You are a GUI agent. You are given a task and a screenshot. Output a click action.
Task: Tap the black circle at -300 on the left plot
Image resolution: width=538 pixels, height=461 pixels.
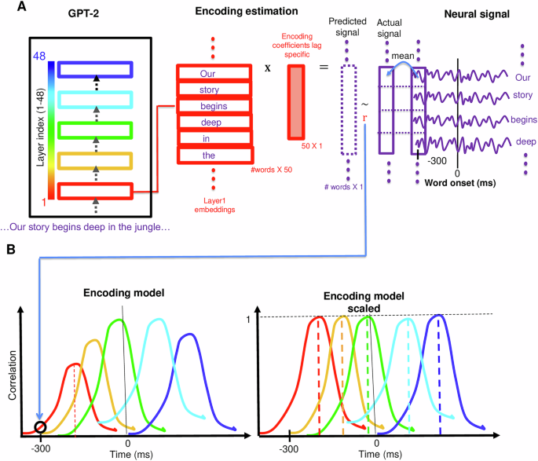(40, 427)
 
